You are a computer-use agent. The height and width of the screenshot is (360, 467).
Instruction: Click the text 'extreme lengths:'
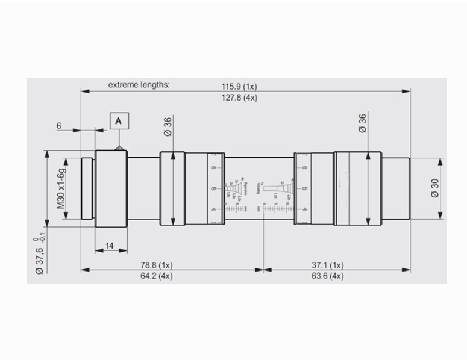point(139,85)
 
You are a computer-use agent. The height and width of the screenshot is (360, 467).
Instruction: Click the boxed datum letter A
point(119,121)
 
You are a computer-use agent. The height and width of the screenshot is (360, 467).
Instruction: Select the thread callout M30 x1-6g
point(61,188)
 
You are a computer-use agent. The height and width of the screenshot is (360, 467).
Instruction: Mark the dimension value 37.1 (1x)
point(328,264)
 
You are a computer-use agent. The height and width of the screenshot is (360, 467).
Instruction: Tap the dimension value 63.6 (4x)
point(328,276)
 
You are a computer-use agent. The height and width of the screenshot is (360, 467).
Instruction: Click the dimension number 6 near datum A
point(59,126)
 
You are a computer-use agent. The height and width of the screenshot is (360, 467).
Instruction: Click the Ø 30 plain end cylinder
point(395,188)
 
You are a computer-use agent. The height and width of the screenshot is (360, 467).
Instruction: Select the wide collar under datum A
point(111,188)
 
